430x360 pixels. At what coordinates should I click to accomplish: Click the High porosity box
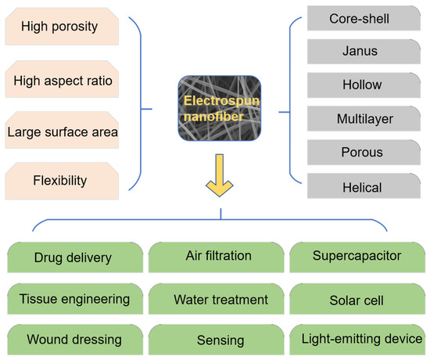click(x=63, y=28)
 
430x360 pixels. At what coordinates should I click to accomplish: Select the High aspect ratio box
click(x=63, y=80)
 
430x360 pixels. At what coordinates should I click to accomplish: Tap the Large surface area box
click(x=63, y=131)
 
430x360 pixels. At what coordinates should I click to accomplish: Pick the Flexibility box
click(x=63, y=182)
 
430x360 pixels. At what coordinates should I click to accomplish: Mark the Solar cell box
click(x=357, y=299)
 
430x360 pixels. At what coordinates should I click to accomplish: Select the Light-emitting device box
click(x=357, y=340)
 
